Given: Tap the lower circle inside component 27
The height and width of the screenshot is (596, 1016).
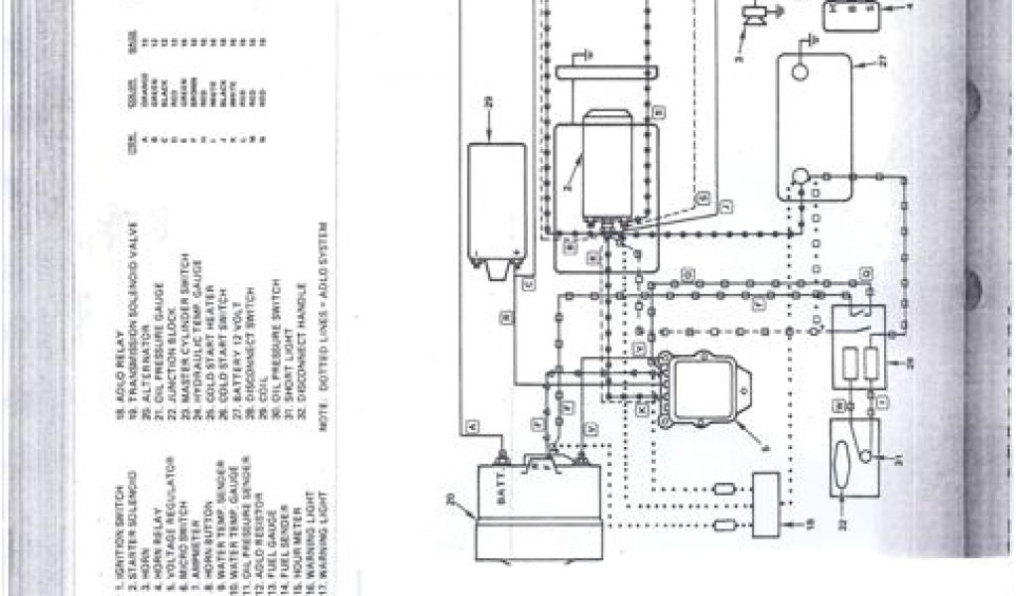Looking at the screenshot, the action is pos(799,177).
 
